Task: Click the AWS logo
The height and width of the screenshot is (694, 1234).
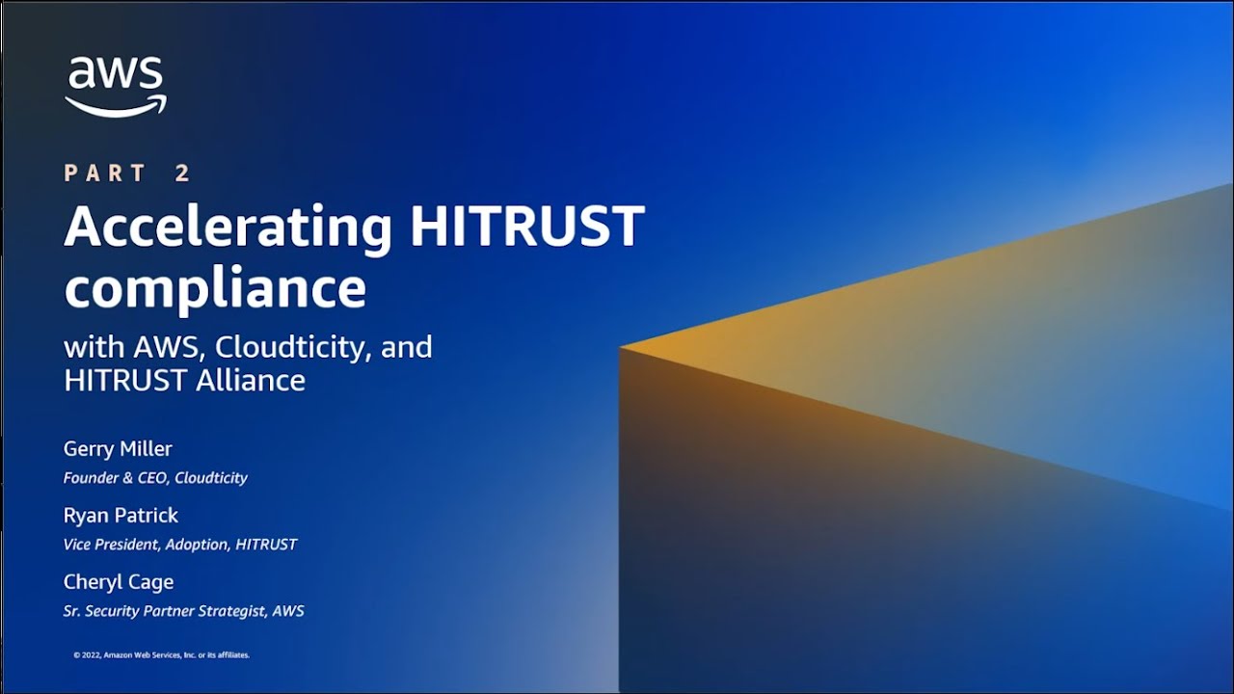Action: click(x=116, y=87)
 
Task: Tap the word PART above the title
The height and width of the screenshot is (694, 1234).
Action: click(x=105, y=173)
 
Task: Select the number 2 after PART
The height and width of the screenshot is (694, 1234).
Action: click(x=183, y=173)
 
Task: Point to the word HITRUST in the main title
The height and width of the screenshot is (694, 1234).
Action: click(x=526, y=226)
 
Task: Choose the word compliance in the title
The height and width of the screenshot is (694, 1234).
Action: click(x=215, y=286)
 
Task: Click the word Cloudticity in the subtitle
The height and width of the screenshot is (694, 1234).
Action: click(x=293, y=347)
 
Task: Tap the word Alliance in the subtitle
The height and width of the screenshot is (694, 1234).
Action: click(x=251, y=380)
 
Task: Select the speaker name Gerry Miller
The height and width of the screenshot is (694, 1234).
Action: click(x=118, y=449)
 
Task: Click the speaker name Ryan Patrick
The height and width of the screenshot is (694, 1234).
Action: click(x=121, y=516)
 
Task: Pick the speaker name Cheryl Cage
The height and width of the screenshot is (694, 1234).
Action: click(x=119, y=582)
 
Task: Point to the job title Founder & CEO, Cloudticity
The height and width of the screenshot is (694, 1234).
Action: click(x=155, y=478)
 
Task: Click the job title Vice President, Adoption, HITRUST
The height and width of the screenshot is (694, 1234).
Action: click(x=179, y=545)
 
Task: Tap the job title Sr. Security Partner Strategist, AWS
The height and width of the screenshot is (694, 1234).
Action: click(x=183, y=611)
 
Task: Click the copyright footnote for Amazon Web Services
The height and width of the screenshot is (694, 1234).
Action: click(x=162, y=655)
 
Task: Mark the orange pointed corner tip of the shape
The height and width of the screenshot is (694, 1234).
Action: click(x=622, y=346)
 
